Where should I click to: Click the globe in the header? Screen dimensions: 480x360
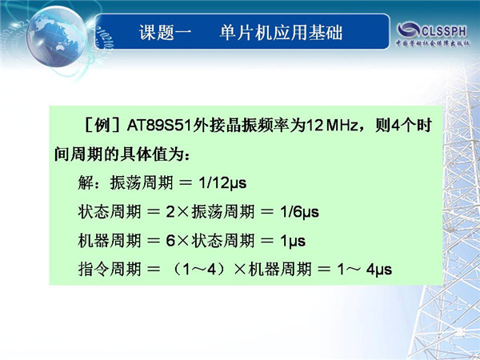56,36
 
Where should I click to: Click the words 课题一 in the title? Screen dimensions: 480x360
166,32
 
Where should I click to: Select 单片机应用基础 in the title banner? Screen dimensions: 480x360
281,32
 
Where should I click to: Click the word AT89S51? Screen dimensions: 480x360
159,126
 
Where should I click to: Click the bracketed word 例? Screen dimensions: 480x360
102,126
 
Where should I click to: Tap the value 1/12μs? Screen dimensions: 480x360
222,183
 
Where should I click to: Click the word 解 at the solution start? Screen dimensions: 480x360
86,183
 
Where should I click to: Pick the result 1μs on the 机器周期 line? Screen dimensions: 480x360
293,241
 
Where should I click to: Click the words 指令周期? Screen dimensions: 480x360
110,270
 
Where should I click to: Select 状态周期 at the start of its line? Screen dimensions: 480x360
110,212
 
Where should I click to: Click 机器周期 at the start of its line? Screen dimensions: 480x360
110,241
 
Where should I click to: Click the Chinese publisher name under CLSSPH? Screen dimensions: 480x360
433,43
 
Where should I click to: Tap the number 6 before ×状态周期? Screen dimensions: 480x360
170,241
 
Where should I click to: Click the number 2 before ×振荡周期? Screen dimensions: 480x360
170,212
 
